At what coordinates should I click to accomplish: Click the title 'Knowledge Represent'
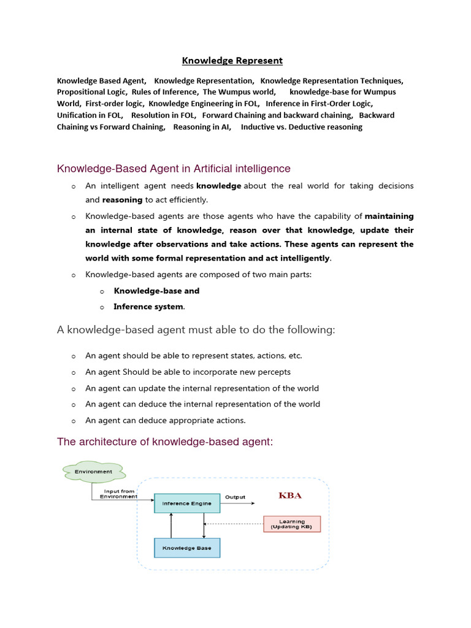click(x=232, y=60)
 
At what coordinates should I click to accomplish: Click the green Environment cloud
click(x=93, y=472)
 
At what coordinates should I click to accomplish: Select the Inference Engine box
click(x=186, y=504)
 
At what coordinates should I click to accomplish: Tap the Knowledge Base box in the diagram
click(x=186, y=548)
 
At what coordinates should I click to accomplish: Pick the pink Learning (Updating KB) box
click(x=291, y=524)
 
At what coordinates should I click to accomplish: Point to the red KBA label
click(x=290, y=495)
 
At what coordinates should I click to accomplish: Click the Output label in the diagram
click(x=235, y=497)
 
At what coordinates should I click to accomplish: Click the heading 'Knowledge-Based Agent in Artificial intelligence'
click(x=174, y=168)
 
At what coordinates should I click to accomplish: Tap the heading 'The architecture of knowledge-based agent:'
click(x=164, y=442)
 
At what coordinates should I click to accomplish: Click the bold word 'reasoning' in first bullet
click(x=122, y=199)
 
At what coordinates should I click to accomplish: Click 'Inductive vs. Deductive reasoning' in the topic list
click(x=301, y=127)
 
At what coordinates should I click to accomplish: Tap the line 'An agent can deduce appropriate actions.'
click(x=165, y=420)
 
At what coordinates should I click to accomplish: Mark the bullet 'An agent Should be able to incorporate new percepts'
click(x=188, y=372)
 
